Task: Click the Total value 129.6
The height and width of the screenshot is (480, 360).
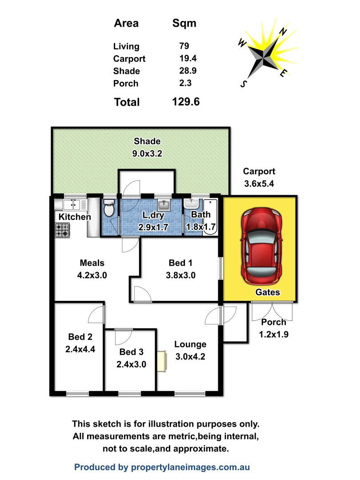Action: [x=186, y=102]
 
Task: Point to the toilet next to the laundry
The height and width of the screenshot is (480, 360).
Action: [x=109, y=208]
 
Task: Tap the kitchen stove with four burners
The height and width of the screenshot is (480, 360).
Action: [x=62, y=230]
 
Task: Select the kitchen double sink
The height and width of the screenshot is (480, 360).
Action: [x=71, y=204]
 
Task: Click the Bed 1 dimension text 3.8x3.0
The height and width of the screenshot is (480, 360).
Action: [x=180, y=275]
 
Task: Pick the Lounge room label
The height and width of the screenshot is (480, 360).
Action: [x=190, y=344]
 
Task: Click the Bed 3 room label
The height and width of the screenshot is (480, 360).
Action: [x=131, y=352]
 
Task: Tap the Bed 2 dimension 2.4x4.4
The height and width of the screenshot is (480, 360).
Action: [x=80, y=349]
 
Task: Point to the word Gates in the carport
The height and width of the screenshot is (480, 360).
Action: [x=268, y=292]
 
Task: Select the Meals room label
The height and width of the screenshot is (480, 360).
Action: [x=92, y=263]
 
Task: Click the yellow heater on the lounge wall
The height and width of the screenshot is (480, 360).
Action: [x=161, y=361]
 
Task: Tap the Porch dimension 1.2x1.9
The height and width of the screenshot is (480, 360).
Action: [x=274, y=335]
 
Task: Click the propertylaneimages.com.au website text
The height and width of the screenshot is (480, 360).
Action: [x=190, y=467]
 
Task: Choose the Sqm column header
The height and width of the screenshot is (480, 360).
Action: [x=184, y=23]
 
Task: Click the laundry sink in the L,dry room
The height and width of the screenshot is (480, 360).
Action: [x=164, y=205]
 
